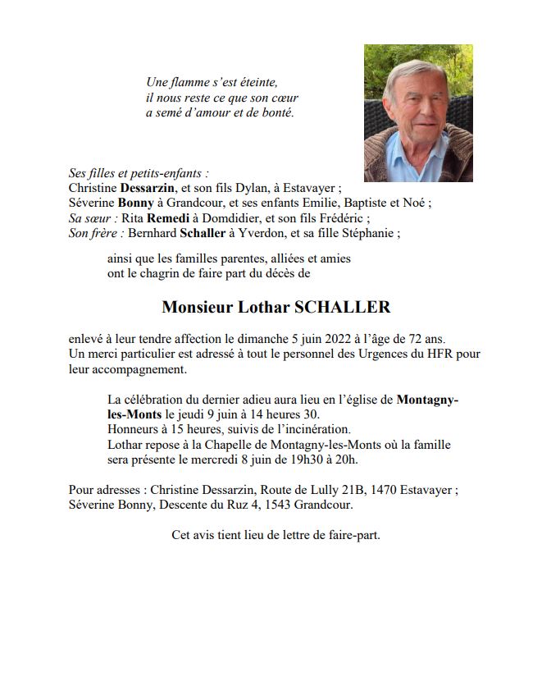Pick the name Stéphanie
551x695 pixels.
click(367, 233)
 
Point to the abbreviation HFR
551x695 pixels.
click(443, 354)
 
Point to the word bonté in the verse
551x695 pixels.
click(275, 112)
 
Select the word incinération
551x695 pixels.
click(312, 429)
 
